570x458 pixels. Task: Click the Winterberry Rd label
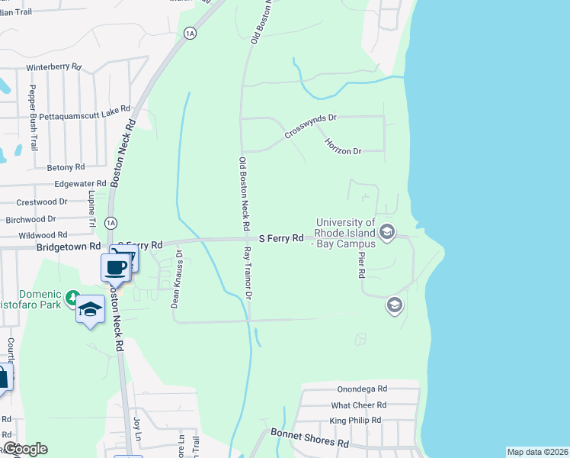pos(53,67)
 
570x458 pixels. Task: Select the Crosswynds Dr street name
pos(311,126)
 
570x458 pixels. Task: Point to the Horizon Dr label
pos(342,146)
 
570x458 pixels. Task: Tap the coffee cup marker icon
pos(115,268)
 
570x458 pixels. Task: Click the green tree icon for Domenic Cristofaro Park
pos(72,297)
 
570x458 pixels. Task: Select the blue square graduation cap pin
pos(90,310)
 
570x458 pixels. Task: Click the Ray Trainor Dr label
pos(247,273)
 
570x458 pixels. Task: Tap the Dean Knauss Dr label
pos(175,279)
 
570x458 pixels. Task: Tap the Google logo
pos(24,449)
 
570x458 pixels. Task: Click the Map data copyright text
pos(537,452)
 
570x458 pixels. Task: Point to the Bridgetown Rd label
pos(69,247)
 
